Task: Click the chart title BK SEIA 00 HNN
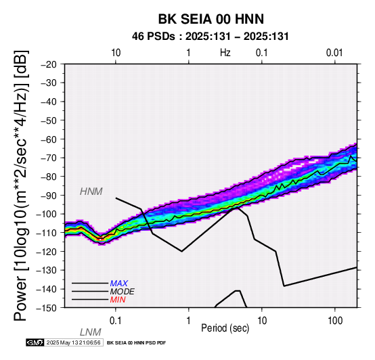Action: click(x=211, y=19)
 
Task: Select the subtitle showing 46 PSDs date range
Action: click(x=211, y=37)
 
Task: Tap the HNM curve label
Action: click(x=91, y=192)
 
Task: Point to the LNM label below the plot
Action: click(x=91, y=332)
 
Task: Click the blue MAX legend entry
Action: click(x=119, y=284)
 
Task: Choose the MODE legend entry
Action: click(x=123, y=292)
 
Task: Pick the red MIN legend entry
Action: click(x=118, y=300)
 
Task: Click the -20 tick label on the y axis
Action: click(x=49, y=64)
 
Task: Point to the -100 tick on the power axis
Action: click(x=46, y=214)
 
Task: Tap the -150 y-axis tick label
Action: click(x=46, y=308)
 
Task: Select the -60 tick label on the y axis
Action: click(x=49, y=139)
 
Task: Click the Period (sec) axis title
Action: click(x=225, y=328)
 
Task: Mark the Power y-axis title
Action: click(x=21, y=185)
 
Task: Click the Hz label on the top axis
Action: click(x=225, y=53)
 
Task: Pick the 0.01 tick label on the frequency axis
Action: click(x=334, y=53)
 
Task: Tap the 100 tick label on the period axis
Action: click(x=335, y=321)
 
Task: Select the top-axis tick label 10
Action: click(x=116, y=53)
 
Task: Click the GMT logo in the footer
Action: click(x=35, y=342)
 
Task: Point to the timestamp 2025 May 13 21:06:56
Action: click(x=73, y=342)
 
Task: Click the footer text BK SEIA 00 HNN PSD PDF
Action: click(x=136, y=343)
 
